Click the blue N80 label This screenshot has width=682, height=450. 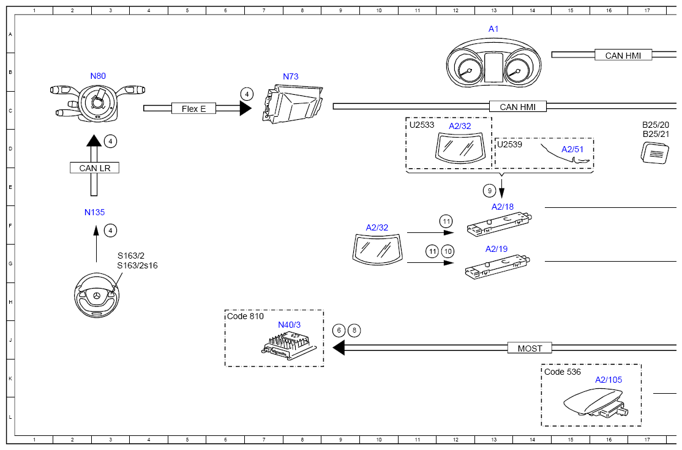point(98,76)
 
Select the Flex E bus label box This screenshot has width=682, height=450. point(193,109)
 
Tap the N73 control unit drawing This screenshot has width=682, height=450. point(293,104)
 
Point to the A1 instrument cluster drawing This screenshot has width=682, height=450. point(493,63)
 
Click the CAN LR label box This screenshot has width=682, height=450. point(94,168)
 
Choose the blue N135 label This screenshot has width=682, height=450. point(94,212)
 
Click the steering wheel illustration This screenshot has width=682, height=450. point(97,295)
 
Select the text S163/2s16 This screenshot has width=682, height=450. point(138,265)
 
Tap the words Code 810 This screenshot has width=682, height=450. point(245,316)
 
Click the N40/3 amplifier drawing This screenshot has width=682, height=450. point(289,345)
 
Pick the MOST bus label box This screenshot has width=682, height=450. point(530,349)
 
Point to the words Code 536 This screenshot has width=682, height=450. point(563,372)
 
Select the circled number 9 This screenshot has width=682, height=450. point(489,190)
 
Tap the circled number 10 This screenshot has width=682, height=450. point(448,251)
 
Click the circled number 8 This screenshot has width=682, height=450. point(354,331)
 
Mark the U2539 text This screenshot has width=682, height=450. point(509,144)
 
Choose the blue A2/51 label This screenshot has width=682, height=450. point(572,149)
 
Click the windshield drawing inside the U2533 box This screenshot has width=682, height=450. point(460,149)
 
